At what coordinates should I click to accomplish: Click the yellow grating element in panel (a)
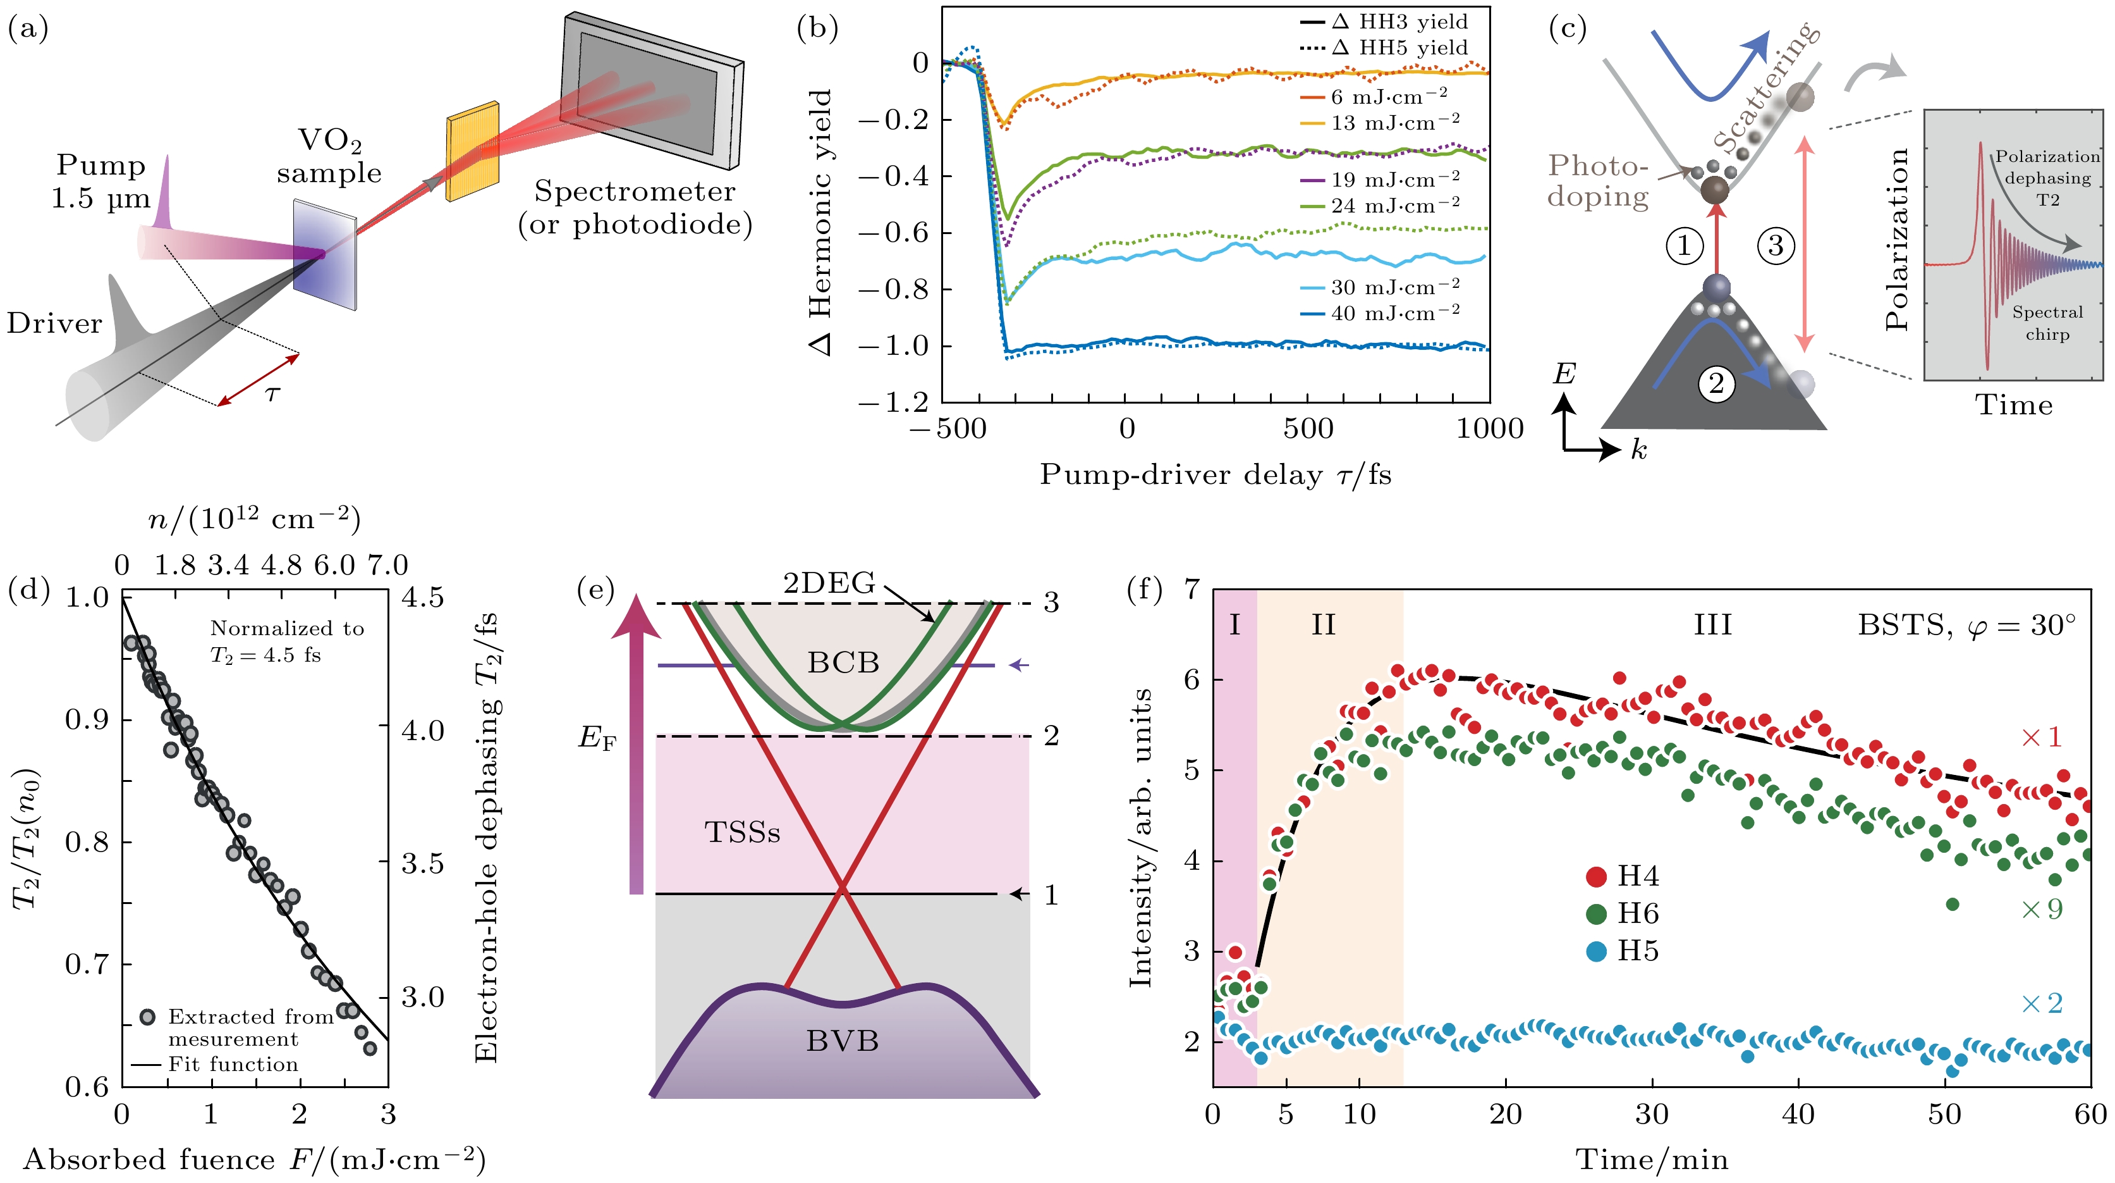pos(472,152)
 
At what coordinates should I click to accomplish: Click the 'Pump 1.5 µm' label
pos(101,182)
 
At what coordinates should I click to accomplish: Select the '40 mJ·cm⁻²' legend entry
pos(1395,313)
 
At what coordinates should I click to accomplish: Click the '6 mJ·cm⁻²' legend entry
pos(1387,97)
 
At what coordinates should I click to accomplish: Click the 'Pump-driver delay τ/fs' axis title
pos(1215,475)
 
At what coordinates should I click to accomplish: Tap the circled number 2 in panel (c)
pos(1716,383)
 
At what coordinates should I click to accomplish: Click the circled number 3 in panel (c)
pos(1775,245)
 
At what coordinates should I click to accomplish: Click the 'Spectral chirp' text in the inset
pos(2047,323)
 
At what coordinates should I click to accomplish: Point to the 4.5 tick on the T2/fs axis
pos(422,598)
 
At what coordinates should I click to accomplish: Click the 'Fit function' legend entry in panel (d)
pos(233,1065)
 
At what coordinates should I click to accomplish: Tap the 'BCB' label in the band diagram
pos(843,662)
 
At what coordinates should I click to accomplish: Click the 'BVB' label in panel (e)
pos(843,1041)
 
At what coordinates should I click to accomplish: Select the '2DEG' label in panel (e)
pos(829,583)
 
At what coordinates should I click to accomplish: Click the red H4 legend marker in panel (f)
pos(1596,877)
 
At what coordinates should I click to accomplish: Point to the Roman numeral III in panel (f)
pos(1713,625)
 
